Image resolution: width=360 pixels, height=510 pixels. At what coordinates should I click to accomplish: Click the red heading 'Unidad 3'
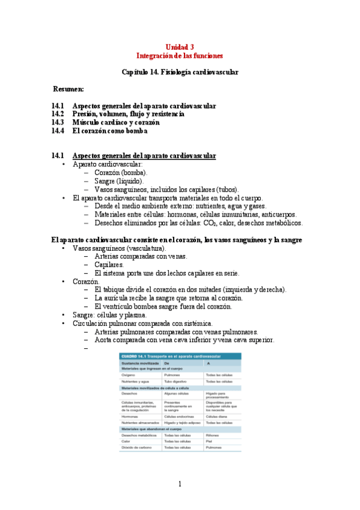point(180,46)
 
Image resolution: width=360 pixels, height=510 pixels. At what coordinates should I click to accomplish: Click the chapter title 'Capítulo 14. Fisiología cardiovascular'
point(180,72)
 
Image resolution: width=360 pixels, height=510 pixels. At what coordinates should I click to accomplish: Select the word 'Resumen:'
point(68,88)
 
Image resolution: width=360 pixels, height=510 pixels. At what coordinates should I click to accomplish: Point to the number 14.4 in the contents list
point(58,131)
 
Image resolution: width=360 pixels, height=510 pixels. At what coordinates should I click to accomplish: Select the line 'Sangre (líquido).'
point(119,180)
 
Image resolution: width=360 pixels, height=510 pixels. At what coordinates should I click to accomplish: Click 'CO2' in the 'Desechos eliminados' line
point(211,223)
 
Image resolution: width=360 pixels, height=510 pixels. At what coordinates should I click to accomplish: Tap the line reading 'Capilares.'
point(109,264)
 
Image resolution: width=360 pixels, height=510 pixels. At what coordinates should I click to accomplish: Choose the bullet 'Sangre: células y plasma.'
point(109,315)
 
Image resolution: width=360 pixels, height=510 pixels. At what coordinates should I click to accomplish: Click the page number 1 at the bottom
point(180,484)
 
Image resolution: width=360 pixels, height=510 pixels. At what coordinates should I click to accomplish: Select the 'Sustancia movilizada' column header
point(137,364)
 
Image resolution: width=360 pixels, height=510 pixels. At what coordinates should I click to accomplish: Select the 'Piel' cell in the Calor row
point(210,441)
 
